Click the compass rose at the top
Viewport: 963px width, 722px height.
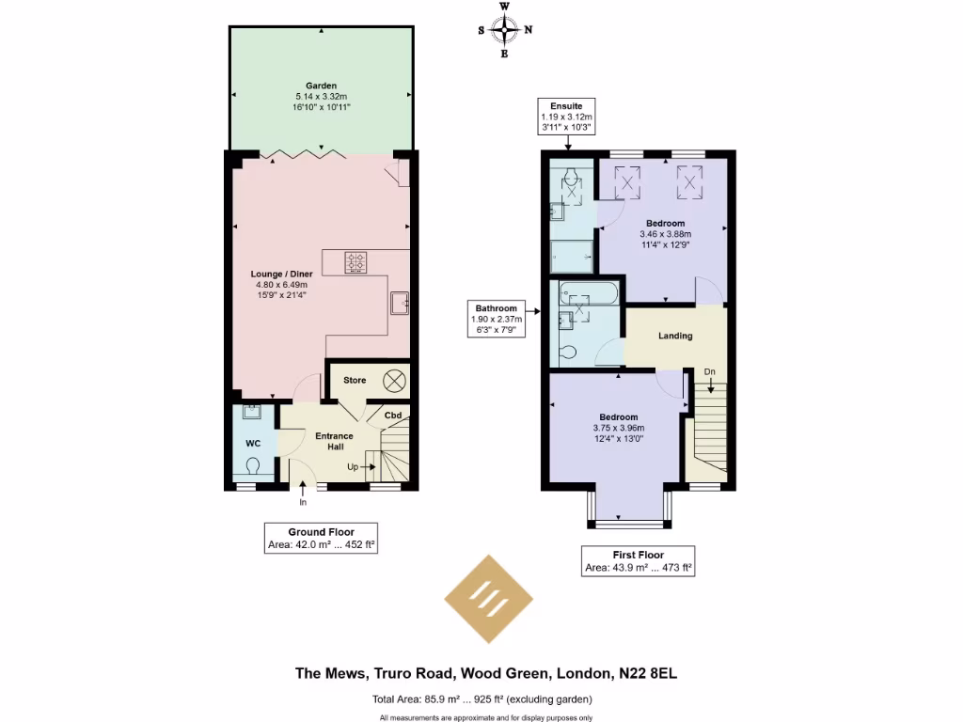[505, 30]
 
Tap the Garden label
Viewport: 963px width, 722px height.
[321, 86]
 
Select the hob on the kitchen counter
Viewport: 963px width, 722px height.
[356, 262]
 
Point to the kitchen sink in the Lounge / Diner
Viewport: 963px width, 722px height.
[400, 302]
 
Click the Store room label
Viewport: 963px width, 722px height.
[355, 381]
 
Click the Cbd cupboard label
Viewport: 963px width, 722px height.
[394, 416]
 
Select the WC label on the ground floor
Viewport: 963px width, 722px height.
[253, 443]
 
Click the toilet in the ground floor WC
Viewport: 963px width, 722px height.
[253, 465]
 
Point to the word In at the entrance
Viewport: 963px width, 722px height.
[303, 502]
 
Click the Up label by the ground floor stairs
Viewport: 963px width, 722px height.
[353, 466]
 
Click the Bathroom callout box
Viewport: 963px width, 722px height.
[496, 319]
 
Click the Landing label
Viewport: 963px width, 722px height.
[675, 336]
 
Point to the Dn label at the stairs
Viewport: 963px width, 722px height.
[710, 372]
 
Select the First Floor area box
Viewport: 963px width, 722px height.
[638, 561]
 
